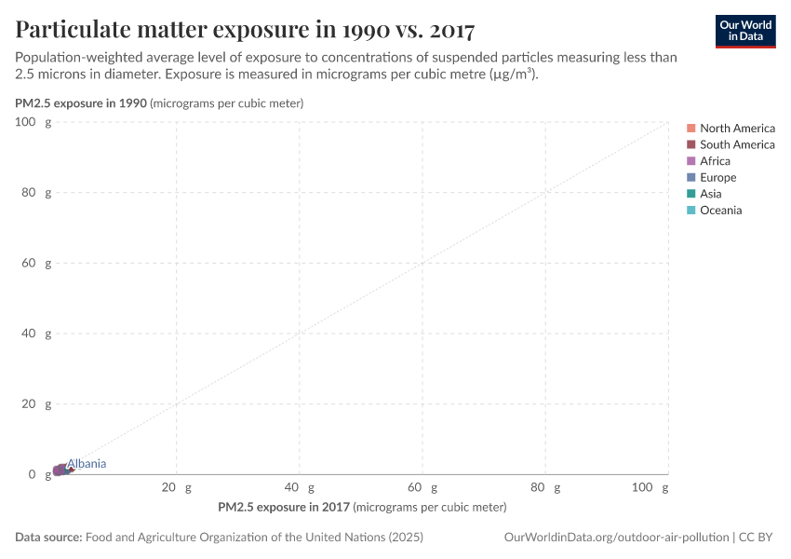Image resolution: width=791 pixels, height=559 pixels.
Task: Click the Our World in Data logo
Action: [744, 31]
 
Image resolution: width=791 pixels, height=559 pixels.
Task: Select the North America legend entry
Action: [736, 128]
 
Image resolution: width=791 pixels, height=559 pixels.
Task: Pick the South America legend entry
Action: [736, 144]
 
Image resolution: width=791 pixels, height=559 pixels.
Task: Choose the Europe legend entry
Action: [717, 178]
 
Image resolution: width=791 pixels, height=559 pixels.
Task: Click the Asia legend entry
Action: [710, 194]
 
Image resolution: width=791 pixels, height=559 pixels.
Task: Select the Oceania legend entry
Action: [720, 211]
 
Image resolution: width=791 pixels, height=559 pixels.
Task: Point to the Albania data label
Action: [87, 464]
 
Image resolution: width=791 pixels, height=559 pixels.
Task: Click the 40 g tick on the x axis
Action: [299, 487]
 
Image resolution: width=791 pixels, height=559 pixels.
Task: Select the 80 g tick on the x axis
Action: [544, 487]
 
